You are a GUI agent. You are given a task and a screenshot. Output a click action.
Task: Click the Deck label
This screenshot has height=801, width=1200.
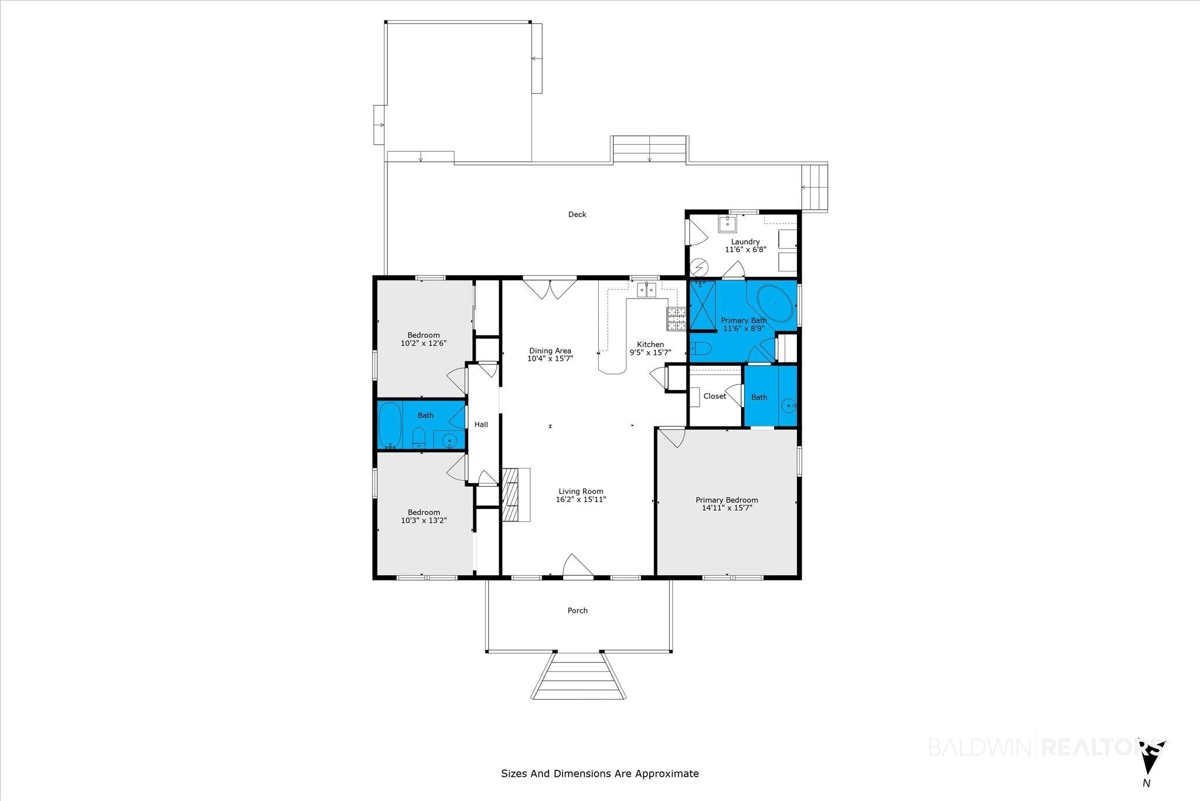click(x=577, y=215)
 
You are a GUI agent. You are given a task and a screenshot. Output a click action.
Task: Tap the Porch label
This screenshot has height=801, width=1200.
click(x=578, y=610)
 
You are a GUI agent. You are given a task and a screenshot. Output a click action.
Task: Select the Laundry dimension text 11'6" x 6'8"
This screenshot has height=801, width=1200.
click(x=745, y=250)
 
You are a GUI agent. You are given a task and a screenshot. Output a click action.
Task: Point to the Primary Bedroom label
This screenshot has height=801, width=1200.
click(x=727, y=500)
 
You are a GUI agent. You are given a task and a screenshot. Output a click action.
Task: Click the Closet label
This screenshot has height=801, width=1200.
click(x=715, y=396)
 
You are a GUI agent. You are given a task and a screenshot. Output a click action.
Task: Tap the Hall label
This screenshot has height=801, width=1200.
click(x=481, y=425)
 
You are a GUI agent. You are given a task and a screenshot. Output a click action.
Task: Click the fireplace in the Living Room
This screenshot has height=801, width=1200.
click(x=516, y=494)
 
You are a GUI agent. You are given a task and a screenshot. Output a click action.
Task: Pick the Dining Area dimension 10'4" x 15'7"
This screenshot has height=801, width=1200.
click(x=550, y=358)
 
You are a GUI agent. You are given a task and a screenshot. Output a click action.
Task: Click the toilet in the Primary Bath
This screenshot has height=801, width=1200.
click(x=700, y=349)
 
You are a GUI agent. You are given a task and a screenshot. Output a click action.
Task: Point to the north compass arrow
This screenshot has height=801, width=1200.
click(x=1150, y=762)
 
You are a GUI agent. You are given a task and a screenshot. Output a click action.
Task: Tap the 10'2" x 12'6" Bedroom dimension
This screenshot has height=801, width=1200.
click(x=424, y=344)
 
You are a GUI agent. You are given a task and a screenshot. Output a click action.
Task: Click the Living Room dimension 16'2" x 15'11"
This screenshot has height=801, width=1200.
click(x=581, y=500)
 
